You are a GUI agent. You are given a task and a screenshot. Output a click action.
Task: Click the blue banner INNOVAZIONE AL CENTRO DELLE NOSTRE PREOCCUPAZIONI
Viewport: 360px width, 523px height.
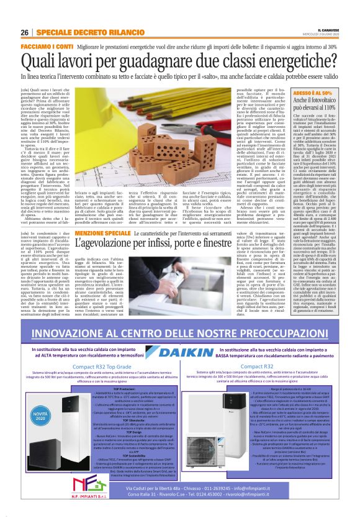180,320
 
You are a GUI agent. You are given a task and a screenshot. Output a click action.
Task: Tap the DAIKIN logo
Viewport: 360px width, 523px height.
180,342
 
